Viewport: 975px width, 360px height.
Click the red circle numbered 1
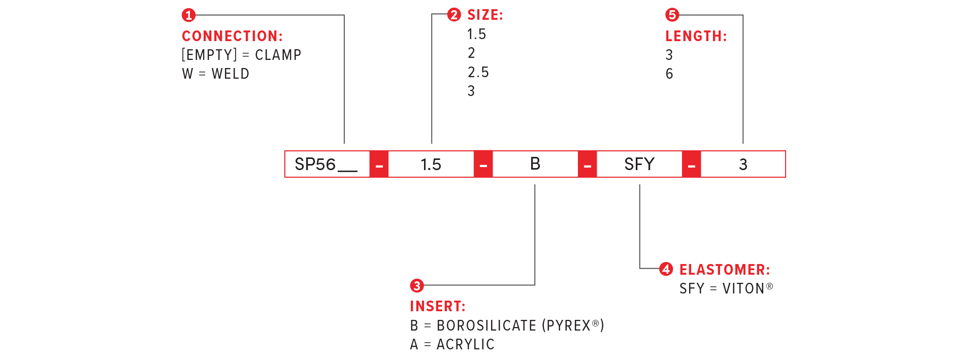(x=188, y=15)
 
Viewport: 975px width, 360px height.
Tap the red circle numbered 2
(x=453, y=15)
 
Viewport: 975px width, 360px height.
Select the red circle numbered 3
(x=416, y=286)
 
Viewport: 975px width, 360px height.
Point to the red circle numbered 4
(x=666, y=269)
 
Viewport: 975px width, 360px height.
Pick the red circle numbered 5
(x=672, y=15)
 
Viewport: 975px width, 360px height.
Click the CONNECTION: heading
(x=232, y=36)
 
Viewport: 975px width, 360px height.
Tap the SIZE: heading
(x=485, y=15)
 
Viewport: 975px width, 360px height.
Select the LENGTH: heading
(x=696, y=36)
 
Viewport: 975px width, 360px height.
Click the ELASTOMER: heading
(x=725, y=270)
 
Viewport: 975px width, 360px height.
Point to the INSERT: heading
(x=438, y=306)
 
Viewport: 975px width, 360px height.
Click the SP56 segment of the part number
(x=315, y=164)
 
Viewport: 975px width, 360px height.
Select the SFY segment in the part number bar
(x=639, y=164)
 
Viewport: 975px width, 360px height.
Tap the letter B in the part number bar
(x=535, y=163)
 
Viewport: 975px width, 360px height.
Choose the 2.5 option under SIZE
(x=478, y=72)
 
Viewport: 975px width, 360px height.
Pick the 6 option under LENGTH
(x=669, y=74)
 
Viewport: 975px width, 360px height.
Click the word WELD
(x=231, y=74)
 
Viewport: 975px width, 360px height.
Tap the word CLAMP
(x=278, y=55)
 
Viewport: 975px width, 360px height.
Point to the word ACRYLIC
(x=465, y=344)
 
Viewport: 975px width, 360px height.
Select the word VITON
(x=743, y=288)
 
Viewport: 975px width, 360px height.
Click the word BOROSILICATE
(x=486, y=325)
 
